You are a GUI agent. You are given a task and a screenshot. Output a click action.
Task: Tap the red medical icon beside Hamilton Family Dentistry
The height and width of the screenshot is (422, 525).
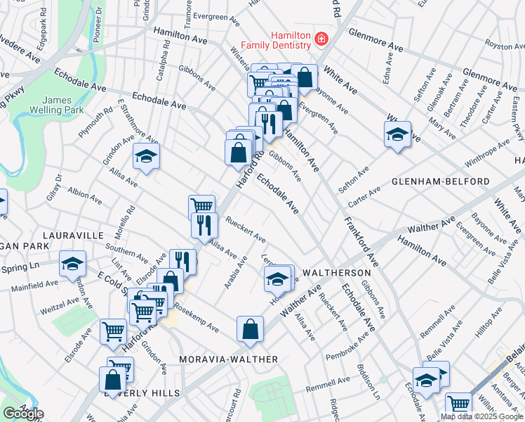321,38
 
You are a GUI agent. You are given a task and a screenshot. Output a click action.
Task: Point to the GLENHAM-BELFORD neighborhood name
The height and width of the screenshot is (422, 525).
440,181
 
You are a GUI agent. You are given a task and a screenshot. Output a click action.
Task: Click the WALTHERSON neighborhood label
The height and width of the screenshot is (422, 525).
335,272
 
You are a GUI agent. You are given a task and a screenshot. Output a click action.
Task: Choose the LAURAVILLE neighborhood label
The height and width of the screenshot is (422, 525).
73,235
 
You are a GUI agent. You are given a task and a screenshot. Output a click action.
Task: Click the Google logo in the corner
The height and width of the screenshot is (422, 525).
23,414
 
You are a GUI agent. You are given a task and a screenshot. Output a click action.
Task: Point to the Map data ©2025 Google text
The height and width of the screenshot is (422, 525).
481,416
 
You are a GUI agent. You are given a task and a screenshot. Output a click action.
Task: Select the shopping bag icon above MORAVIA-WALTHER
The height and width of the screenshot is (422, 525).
250,329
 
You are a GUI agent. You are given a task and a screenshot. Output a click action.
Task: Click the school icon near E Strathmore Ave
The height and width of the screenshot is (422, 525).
146,156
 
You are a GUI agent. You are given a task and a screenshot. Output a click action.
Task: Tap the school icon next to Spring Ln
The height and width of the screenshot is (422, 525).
72,264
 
